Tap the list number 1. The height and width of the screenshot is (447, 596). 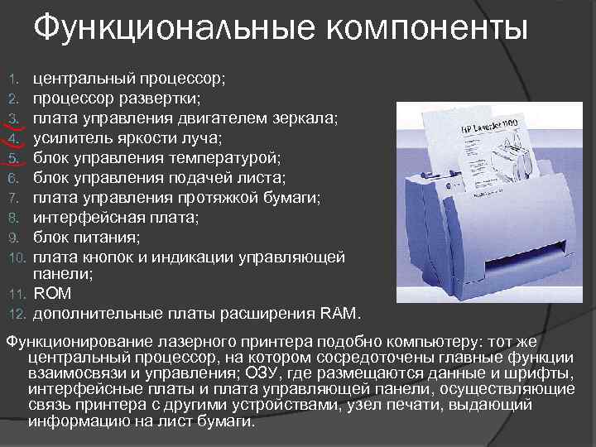pos(13,80)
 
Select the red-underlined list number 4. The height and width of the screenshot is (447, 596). pos(13,137)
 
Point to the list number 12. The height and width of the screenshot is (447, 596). pos(18,314)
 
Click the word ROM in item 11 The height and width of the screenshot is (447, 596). pos(52,294)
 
